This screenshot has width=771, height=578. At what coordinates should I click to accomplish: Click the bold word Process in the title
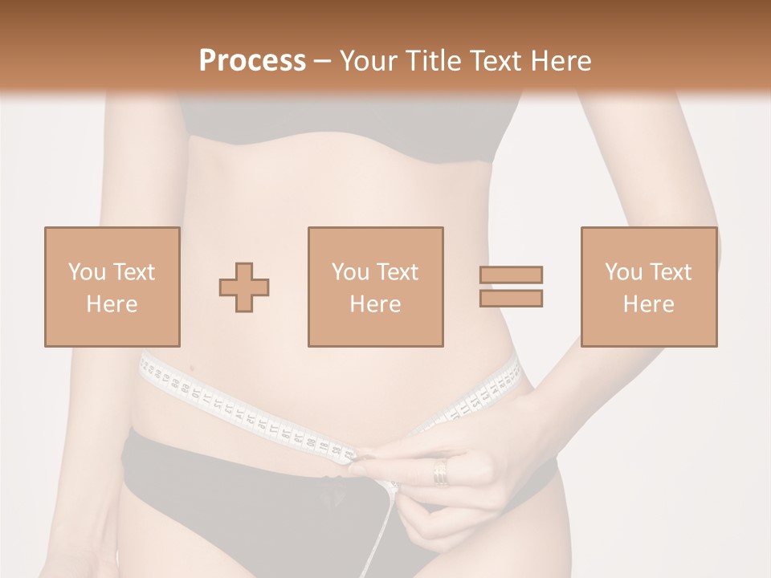coord(252,60)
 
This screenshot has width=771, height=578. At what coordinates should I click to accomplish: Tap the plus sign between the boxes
coord(244,287)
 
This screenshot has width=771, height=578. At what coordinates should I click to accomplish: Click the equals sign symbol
coord(511,287)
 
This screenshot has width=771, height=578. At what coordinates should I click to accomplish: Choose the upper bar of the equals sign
coord(511,275)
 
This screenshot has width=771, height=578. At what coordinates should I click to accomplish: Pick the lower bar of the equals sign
coord(511,299)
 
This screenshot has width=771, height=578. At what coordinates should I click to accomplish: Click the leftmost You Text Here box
coord(112,287)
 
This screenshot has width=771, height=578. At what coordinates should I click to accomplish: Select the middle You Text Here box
coord(375,287)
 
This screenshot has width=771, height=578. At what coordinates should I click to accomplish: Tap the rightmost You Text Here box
coord(648,287)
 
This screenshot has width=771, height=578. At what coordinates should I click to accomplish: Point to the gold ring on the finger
coord(441,472)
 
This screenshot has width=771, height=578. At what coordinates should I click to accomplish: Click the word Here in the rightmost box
coord(648,304)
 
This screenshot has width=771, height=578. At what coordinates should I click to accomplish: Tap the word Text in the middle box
coord(396,272)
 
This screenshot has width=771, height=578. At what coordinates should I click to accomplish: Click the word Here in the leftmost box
coord(112,304)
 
